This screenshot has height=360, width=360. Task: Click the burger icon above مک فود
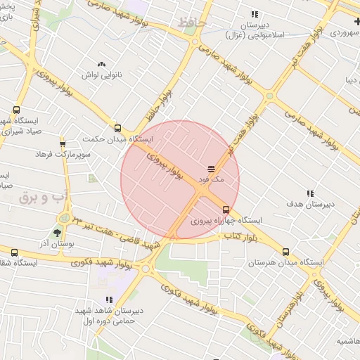[x=212, y=168]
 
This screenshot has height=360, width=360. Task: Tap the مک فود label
[x=212, y=179]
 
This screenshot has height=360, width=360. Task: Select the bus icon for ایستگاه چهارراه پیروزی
[x=226, y=209]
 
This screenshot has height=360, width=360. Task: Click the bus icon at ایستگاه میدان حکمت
[x=117, y=128]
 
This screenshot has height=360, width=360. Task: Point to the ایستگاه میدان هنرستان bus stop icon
[x=285, y=252]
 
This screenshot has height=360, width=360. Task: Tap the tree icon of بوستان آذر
[x=57, y=231]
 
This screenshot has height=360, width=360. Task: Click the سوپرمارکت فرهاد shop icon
[x=63, y=142]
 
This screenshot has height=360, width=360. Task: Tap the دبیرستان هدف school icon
[x=310, y=193]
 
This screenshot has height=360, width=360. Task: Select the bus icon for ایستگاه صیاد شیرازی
[x=16, y=110]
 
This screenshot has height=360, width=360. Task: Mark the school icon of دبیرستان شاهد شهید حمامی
[x=109, y=300]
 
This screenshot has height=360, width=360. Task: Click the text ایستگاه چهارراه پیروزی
[x=226, y=220]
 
